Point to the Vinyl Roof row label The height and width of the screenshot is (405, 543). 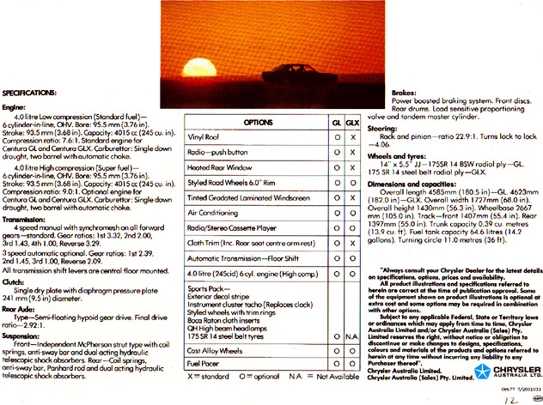point(203,136)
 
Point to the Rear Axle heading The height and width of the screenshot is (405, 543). point(18,309)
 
